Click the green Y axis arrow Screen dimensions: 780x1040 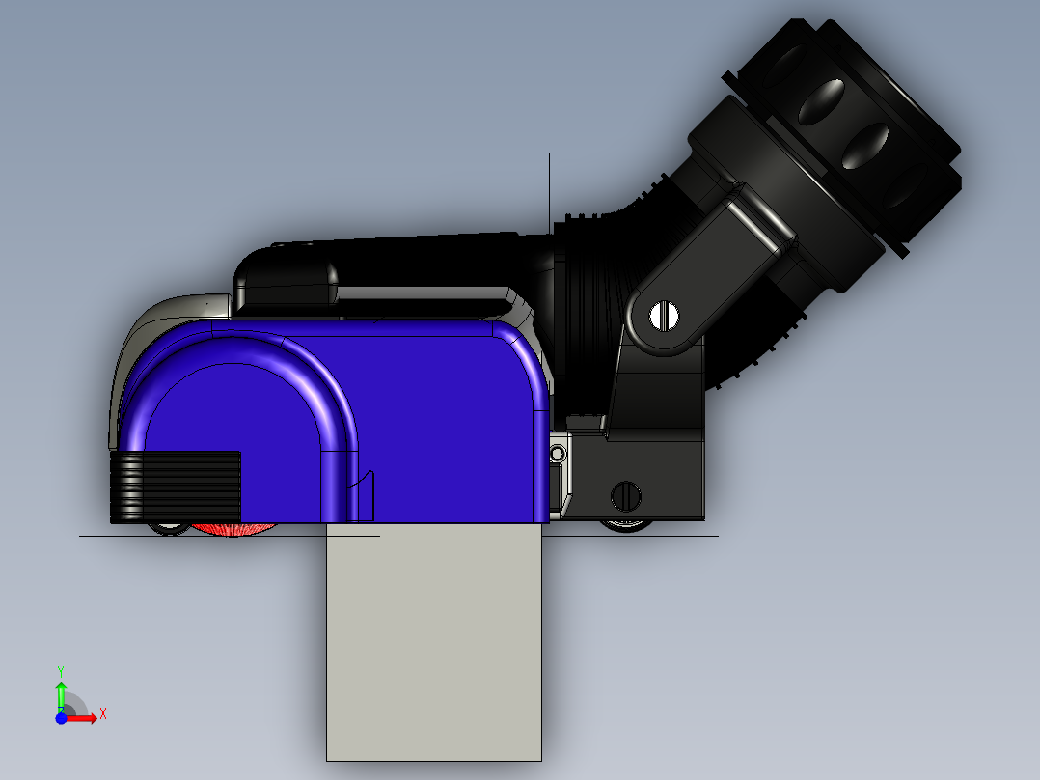point(61,693)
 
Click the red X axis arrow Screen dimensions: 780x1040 point(85,718)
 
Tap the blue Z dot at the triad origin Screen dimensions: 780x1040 point(61,718)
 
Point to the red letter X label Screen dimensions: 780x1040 point(103,714)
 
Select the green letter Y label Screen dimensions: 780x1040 point(61,670)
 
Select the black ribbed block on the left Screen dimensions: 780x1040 point(176,486)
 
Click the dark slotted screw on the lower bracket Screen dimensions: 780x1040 point(626,496)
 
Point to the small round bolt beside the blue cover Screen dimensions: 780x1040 point(557,453)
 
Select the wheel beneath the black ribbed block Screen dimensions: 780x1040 point(170,527)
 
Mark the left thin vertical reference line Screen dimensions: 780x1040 point(233,212)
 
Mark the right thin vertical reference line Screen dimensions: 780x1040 point(549,193)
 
